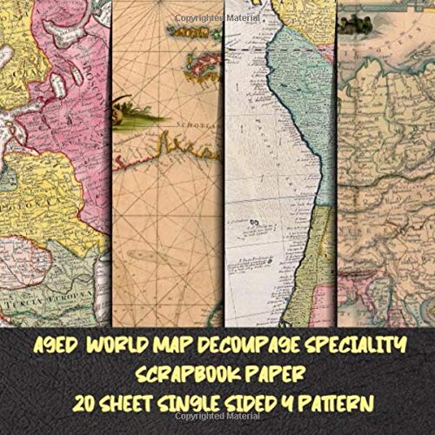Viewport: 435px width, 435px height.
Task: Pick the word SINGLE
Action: pos(186,405)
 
